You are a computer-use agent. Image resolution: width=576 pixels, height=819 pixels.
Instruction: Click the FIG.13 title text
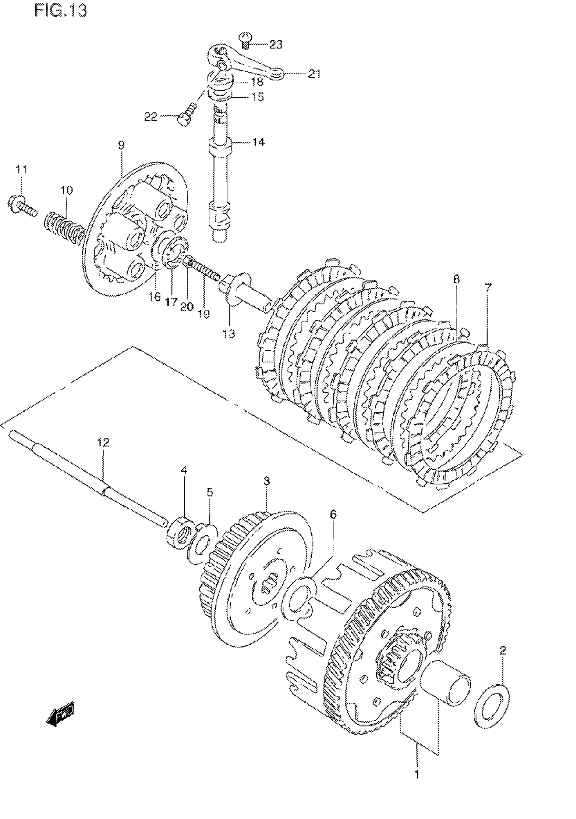61,11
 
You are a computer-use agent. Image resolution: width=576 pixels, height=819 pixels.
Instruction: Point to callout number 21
314,74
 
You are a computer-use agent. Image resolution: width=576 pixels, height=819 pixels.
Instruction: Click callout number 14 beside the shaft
259,142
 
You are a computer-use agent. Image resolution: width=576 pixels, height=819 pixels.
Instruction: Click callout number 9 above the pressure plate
121,145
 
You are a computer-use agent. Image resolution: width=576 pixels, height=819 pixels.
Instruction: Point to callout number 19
204,314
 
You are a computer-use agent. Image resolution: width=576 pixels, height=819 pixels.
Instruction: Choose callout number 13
229,334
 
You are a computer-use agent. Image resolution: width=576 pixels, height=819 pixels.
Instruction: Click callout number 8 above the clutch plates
457,279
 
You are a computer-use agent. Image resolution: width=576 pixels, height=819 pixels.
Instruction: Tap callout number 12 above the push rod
103,442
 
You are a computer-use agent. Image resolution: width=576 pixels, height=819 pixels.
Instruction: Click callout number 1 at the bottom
416,775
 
